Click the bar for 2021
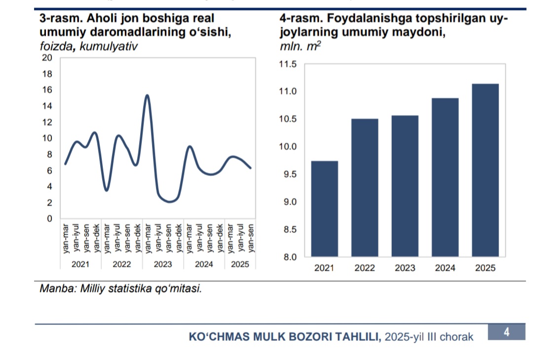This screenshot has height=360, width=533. (324, 209)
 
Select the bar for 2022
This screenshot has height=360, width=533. (365, 187)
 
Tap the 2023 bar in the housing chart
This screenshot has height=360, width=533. (405, 186)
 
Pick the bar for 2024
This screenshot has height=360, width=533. (445, 177)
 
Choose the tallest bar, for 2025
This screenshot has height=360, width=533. (485, 170)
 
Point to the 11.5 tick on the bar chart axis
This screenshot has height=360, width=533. (288, 64)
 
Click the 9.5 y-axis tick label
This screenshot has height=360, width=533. (288, 175)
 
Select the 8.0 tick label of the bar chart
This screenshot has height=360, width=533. (288, 257)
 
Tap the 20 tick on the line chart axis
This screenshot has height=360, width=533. (47, 58)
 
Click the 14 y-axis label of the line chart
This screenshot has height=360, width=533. (47, 106)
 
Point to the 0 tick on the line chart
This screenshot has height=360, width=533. (50, 218)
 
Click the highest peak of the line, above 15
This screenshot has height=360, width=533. (147, 95)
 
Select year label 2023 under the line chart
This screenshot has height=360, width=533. (163, 264)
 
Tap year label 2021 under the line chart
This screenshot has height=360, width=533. (80, 264)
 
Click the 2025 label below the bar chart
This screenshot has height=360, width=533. (485, 268)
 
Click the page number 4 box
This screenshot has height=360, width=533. (506, 332)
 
